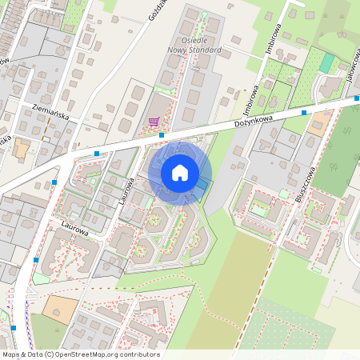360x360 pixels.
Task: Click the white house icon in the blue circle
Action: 180,173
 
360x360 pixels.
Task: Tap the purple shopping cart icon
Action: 153,122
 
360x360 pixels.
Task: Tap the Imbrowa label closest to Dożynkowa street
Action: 248,102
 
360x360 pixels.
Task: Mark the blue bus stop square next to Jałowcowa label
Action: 356,101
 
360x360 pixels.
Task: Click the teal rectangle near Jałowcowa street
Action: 326,63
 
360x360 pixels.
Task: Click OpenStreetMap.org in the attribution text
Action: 91,354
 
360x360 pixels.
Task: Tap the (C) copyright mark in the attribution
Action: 50,354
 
